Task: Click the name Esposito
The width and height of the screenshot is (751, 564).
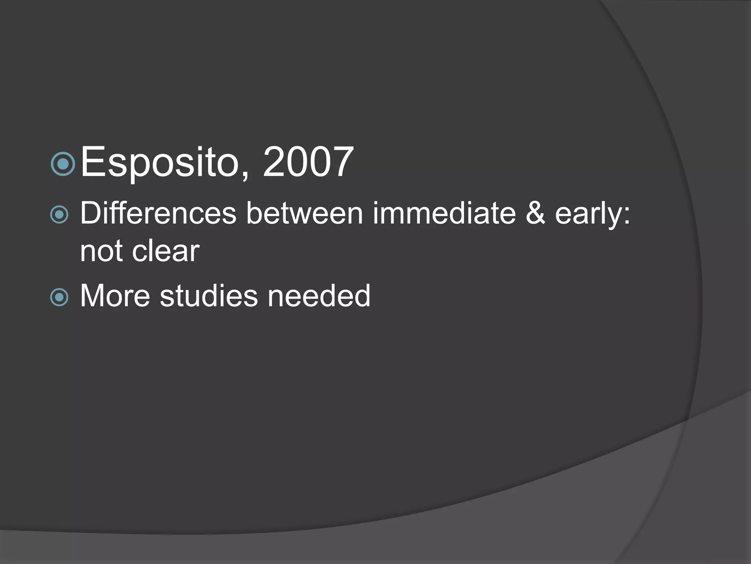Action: [x=160, y=162]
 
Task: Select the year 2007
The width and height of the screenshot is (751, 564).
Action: [x=308, y=162]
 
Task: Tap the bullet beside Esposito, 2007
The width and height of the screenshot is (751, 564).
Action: [x=63, y=164]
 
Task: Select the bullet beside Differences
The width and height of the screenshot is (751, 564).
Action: [x=59, y=214]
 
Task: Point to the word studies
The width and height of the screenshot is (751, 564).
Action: [x=209, y=296]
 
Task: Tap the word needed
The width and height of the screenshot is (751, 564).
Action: [x=319, y=296]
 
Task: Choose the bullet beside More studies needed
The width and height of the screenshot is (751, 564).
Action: [x=59, y=297]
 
